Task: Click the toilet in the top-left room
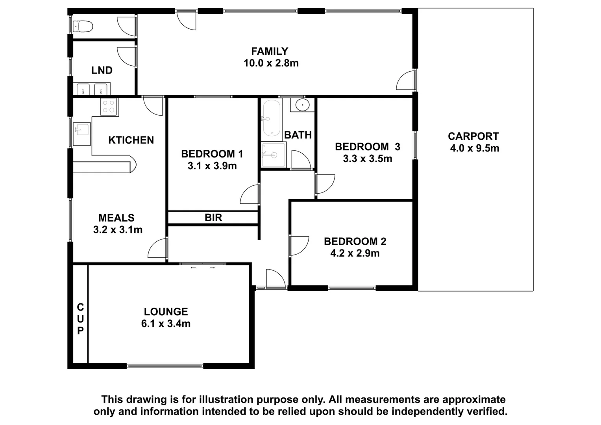coord(83,27)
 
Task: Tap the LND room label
coord(102,70)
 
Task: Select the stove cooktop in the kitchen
coord(109,106)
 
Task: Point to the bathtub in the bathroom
coord(271,118)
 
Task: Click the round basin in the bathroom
coord(302,105)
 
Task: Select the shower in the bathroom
coord(274,155)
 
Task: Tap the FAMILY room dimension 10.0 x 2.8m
coord(271,63)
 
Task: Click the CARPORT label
coord(473,137)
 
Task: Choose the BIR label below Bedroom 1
coord(213,217)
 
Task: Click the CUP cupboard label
coord(80,319)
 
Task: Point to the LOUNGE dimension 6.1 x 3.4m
coord(166,323)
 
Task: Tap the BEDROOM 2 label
coord(355,241)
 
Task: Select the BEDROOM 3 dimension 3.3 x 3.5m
coord(367,159)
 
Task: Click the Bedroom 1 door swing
coord(250,195)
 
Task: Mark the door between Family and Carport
coord(405,81)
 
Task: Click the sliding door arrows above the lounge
coord(203,268)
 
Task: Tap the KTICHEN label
coord(131,140)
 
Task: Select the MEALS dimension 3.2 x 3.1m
coord(118,229)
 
